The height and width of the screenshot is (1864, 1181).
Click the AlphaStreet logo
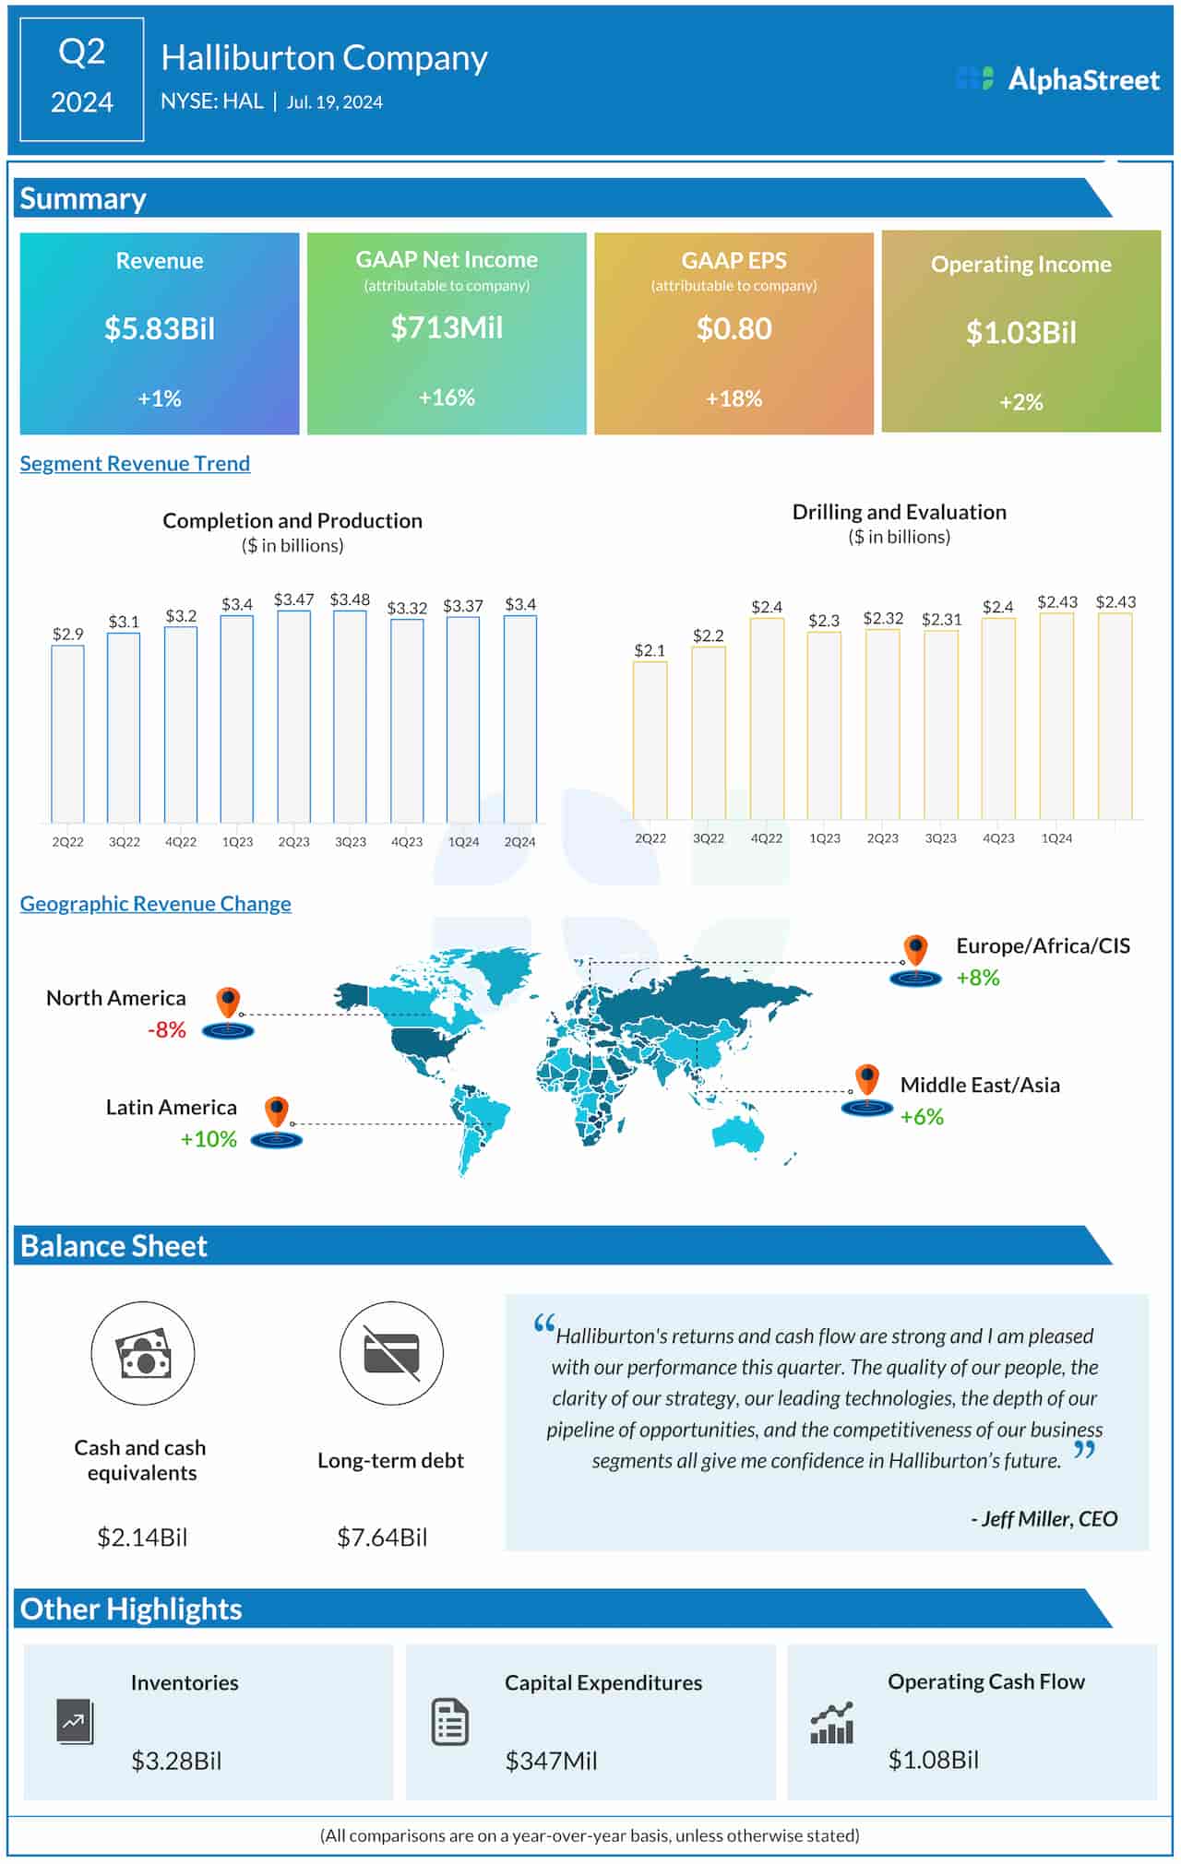click(1058, 79)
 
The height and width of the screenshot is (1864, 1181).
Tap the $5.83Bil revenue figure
click(160, 328)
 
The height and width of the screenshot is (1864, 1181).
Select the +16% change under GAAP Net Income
click(447, 398)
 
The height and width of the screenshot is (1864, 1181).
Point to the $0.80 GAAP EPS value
click(734, 328)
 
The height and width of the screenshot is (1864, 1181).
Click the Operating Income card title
click(1020, 265)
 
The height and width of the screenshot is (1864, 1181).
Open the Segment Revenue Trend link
click(135, 463)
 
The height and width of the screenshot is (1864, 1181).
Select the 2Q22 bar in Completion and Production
click(67, 733)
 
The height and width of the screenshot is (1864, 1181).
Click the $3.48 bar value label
click(350, 600)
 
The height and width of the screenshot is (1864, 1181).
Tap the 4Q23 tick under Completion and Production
click(407, 842)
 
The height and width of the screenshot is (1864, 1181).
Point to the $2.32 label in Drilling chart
click(883, 618)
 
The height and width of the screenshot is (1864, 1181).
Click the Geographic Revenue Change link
click(155, 904)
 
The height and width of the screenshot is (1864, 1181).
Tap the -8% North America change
click(167, 1029)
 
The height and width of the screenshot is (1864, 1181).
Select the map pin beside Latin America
click(277, 1112)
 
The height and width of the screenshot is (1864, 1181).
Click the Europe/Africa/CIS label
click(1043, 945)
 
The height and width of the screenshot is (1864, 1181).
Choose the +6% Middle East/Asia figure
click(922, 1117)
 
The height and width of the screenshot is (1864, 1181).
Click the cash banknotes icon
click(143, 1354)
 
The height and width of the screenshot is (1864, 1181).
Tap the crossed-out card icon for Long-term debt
click(391, 1354)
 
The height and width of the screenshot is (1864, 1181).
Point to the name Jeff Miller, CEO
click(1044, 1518)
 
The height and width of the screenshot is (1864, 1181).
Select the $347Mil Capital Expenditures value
click(551, 1761)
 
